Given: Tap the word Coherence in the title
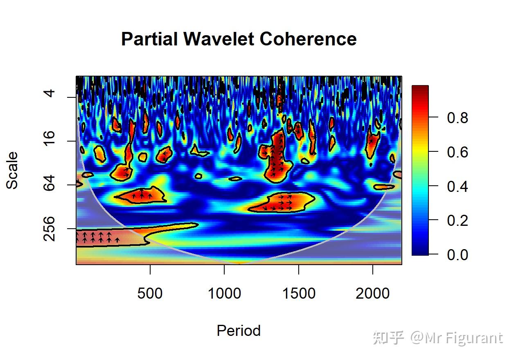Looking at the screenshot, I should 308,39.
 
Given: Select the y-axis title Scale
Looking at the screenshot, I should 12,170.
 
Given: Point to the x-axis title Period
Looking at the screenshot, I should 239,331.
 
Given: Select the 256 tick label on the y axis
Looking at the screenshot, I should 49,229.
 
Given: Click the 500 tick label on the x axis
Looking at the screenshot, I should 150,293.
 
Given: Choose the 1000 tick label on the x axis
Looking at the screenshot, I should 224,293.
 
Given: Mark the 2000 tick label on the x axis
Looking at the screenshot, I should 372,293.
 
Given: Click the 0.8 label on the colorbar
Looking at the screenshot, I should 457,118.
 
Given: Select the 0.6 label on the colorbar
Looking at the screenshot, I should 457,152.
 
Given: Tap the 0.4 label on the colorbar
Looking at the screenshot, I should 457,187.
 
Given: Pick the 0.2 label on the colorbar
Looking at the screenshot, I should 457,220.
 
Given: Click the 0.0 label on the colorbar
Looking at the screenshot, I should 457,255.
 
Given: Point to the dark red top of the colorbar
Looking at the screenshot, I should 420,88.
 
